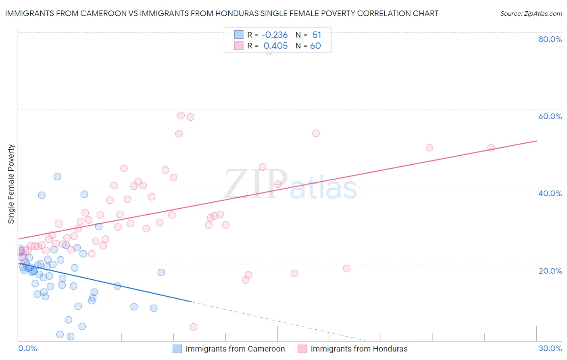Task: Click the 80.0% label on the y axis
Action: click(550, 39)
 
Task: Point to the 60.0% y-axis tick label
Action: click(550, 116)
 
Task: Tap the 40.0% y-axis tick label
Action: click(550, 193)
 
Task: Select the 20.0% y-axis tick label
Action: click(550, 270)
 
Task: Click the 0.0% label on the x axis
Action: click(27, 348)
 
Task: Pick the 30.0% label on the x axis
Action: click(550, 348)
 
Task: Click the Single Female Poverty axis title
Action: click(11, 184)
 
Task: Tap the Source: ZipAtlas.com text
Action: click(531, 13)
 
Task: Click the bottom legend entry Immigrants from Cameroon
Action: click(235, 349)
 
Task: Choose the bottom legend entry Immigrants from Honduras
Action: click(359, 349)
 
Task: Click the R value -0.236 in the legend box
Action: click(274, 35)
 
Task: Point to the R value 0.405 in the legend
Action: click(275, 46)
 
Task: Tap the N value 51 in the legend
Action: click(317, 35)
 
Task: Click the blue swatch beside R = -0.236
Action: click(239, 35)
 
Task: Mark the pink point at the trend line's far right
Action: click(491, 148)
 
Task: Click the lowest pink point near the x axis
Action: click(194, 327)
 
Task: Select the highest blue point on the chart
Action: click(57, 176)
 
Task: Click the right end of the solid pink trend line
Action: click(537, 141)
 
